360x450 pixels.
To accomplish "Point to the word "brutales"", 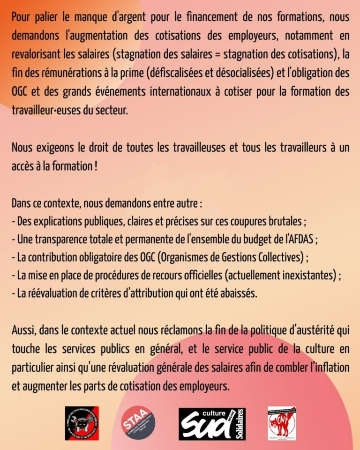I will (289, 221).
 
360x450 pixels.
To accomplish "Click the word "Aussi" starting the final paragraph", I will (23, 332).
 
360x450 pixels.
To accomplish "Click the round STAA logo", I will (137, 423).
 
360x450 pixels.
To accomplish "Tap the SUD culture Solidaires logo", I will (212, 423).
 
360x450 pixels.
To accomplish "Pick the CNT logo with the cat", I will (282, 423).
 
